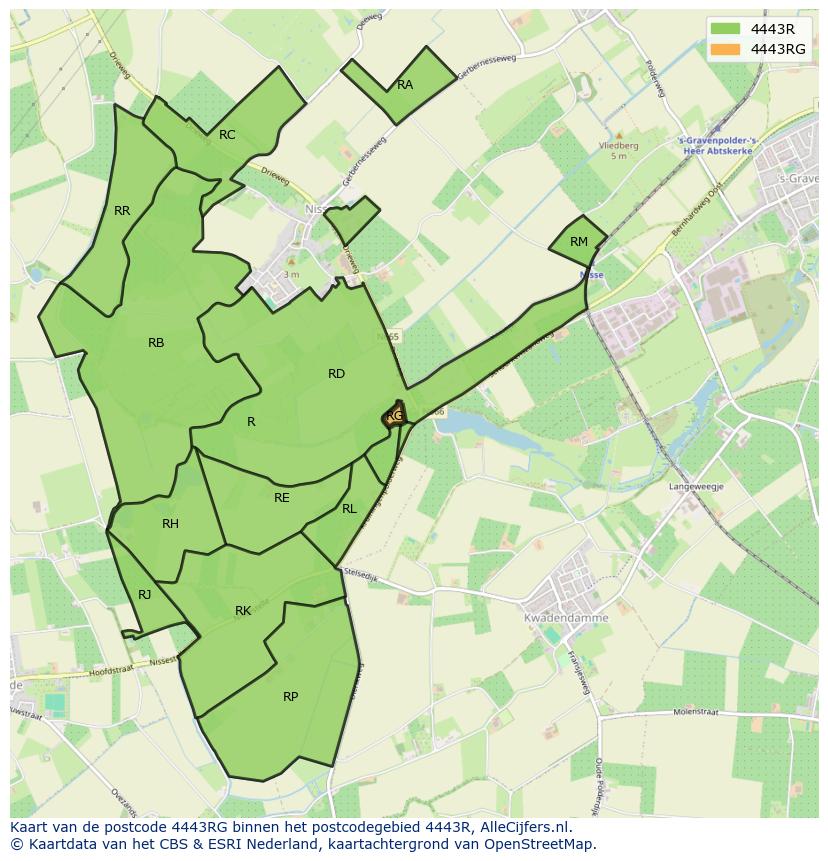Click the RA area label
(405, 85)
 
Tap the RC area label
(227, 135)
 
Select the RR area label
(122, 211)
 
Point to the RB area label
(156, 343)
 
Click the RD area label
(336, 374)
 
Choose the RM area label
(579, 242)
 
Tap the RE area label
(282, 498)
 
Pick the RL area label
(349, 509)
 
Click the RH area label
(170, 524)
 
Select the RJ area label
(145, 595)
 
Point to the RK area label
(243, 611)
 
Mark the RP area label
(290, 697)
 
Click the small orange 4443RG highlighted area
(395, 416)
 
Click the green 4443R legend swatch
(727, 29)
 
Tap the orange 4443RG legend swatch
(727, 49)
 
